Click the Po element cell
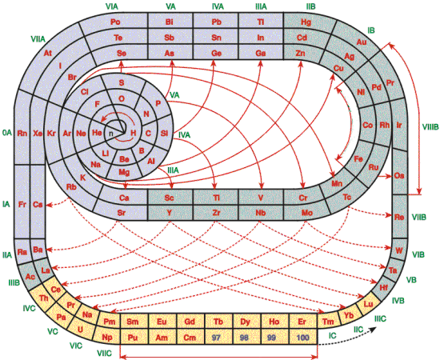(115, 22)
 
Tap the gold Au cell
(362, 42)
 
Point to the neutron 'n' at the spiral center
(111, 134)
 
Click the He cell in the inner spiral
(97, 132)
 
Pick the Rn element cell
(22, 133)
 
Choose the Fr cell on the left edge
(22, 204)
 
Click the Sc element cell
(170, 198)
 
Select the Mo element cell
(307, 213)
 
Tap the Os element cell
(399, 176)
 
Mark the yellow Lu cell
(369, 304)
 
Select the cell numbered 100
(303, 337)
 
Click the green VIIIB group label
(430, 127)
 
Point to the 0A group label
(7, 133)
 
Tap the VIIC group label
(104, 353)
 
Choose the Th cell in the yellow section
(43, 298)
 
